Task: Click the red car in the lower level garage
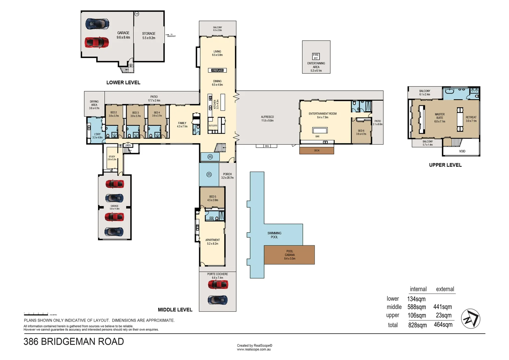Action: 96,42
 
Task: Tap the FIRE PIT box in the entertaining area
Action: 316,57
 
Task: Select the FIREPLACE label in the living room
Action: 217,70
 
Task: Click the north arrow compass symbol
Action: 470,319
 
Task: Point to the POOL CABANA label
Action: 289,255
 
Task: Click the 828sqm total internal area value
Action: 417,325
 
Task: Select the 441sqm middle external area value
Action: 442,307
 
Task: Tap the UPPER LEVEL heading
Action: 445,165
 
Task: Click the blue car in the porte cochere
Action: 218,300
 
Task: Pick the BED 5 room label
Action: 213,198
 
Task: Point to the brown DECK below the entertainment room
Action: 316,151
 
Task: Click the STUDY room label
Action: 112,158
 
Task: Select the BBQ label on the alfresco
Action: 267,146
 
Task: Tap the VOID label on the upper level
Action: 462,151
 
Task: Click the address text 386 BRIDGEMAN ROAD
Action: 74,342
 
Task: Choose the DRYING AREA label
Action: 94,105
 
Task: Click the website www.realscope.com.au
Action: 254,349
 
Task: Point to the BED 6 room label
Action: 361,132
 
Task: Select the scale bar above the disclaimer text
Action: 36,314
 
